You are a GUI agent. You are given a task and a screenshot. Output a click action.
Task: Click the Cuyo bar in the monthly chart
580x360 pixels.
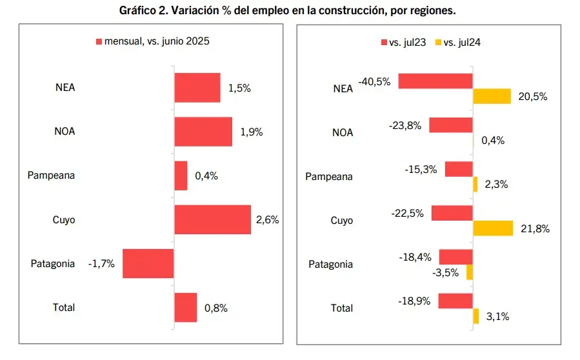coord(212,219)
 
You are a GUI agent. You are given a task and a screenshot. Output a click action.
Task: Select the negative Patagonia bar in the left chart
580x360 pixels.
coord(148,263)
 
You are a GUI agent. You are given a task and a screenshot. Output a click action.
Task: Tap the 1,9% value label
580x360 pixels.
coord(251,132)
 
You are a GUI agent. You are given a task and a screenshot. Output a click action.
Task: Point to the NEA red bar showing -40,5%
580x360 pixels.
coord(435,81)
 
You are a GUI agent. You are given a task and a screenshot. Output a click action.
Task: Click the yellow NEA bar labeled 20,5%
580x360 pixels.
coord(492,96)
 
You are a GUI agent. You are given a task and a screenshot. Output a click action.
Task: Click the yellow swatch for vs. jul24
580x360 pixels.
coord(437,43)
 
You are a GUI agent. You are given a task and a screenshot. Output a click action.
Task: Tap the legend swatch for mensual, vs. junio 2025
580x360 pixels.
coord(99,41)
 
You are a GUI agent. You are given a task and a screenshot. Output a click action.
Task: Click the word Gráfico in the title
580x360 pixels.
coord(138,11)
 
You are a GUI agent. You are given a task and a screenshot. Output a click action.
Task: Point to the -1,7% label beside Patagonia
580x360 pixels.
coord(101,263)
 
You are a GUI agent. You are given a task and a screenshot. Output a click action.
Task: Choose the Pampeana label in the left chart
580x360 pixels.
coord(52,175)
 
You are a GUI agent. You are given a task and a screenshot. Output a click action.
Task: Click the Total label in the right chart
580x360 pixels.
coord(342,308)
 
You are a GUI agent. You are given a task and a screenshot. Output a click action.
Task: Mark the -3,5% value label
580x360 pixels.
coord(446,272)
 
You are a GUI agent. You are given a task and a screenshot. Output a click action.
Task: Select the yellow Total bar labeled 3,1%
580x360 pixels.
coord(475,316)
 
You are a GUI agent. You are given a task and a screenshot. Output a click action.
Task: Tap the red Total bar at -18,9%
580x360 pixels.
coord(455,301)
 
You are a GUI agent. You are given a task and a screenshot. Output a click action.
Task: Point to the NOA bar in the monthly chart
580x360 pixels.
coord(203,132)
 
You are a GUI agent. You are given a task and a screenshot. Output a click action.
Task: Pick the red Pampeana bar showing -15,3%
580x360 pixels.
coord(459,169)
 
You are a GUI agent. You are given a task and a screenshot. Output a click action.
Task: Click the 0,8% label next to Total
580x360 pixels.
coord(215,308)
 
